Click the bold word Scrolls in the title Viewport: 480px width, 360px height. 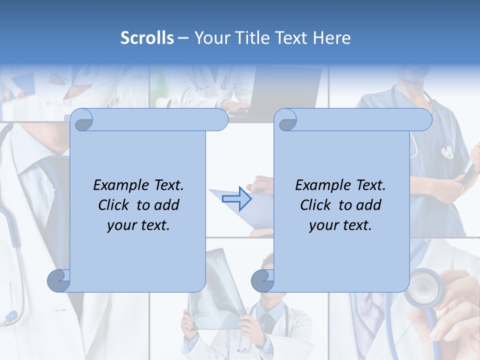[147, 38]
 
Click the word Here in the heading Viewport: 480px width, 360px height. [331, 38]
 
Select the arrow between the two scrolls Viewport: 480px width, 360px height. [236, 198]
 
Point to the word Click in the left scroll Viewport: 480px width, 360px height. [114, 205]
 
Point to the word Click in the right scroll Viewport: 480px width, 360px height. [316, 205]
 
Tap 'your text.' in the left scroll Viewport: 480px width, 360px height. [138, 225]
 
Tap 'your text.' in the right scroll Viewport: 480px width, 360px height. [340, 225]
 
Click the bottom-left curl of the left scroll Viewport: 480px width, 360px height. [59, 280]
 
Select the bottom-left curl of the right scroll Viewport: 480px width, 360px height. [262, 280]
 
